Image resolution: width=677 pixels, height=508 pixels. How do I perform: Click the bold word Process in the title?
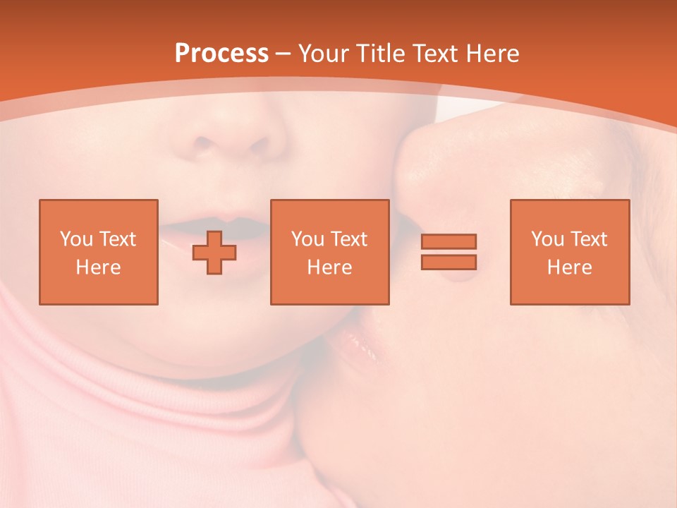tap(221, 54)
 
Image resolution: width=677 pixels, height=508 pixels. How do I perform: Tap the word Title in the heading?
tap(379, 54)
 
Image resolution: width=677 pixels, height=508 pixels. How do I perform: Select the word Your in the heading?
tap(322, 54)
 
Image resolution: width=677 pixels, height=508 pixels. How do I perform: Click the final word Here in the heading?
tap(493, 54)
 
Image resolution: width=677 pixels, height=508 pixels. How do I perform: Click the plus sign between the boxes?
tap(214, 253)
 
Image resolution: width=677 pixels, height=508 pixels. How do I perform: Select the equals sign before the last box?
tap(449, 252)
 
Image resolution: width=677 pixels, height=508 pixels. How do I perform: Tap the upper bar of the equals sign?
tap(449, 241)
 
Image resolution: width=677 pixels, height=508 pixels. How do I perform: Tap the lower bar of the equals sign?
tap(449, 262)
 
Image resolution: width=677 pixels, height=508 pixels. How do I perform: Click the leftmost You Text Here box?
tap(98, 252)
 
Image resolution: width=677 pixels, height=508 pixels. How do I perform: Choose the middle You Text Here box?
tap(329, 252)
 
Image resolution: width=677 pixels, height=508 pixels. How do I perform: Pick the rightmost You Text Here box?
tap(569, 252)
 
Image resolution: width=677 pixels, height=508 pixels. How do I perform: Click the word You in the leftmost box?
tap(75, 239)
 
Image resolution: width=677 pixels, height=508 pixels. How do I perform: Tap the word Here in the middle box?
tap(329, 267)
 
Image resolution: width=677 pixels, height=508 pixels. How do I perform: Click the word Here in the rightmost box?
tap(569, 267)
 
